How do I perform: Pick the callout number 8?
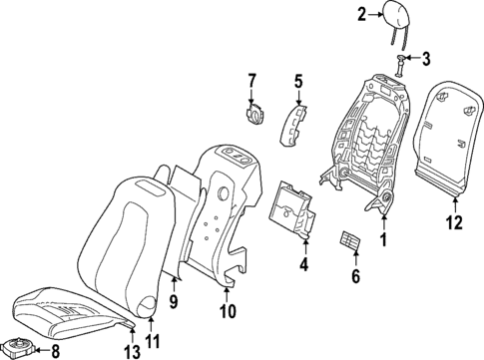[x=55, y=350]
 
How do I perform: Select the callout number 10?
[x=228, y=311]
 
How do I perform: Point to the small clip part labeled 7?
[x=254, y=111]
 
